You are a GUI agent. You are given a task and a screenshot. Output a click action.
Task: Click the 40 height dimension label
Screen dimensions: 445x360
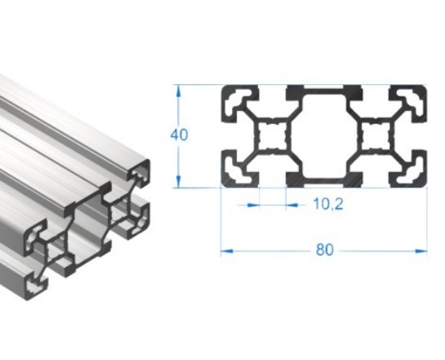[179, 135]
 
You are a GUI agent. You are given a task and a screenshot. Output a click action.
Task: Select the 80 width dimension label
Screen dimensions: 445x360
[325, 250]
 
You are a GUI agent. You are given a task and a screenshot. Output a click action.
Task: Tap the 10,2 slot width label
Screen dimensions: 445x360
[327, 204]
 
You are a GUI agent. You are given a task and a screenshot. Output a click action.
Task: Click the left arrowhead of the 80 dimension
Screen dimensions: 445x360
[227, 251]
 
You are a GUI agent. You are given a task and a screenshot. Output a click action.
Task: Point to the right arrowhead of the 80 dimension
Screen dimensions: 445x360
[421, 251]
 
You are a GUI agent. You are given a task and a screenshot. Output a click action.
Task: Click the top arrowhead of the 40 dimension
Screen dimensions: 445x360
[179, 91]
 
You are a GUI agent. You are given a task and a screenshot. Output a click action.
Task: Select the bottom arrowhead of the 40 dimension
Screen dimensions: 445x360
[179, 181]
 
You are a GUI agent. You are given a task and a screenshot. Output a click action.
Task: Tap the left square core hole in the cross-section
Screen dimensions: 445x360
[273, 136]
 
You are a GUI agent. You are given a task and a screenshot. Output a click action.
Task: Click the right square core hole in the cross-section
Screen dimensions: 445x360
[376, 136]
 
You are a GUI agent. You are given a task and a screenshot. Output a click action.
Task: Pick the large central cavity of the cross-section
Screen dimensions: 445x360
[324, 136]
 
